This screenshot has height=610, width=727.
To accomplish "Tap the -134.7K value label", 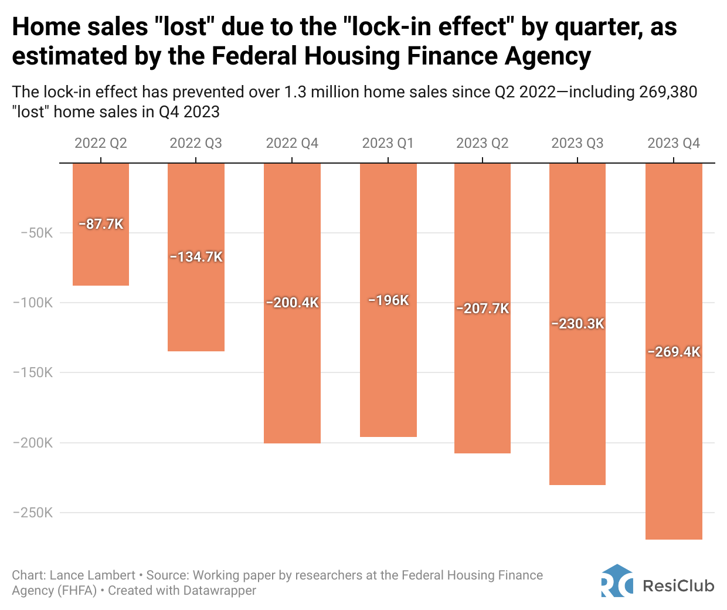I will point(196,257).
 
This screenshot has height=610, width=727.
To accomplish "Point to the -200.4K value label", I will point(292,303).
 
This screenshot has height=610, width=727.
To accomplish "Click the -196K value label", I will point(388,300).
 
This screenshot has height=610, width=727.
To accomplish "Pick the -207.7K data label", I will point(483,309).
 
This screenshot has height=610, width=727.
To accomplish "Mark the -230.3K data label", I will point(577,324).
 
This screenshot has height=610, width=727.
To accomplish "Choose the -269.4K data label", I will point(674,352).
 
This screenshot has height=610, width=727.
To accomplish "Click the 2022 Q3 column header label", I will point(196,143).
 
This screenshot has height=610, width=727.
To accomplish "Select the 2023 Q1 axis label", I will point(388,143).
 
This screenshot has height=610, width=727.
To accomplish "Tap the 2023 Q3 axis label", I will point(577,143).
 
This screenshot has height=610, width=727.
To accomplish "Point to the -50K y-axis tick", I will point(36,233).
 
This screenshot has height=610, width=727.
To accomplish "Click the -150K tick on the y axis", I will point(33,372).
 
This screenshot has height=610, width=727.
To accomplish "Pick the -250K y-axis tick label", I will point(33,513).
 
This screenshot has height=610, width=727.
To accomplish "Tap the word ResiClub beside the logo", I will point(678,585).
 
